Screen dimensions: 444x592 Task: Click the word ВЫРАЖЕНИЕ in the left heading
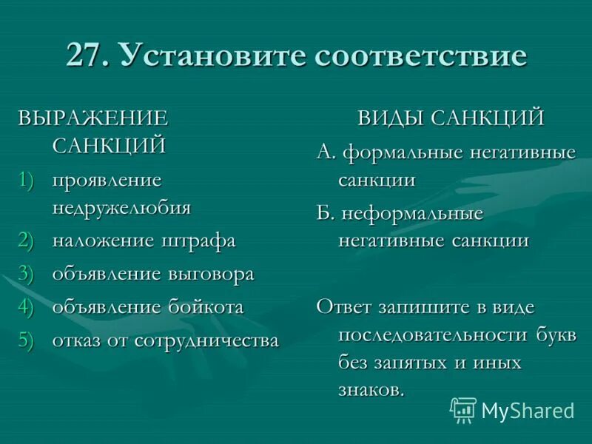click(x=94, y=118)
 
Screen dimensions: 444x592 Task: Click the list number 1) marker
click(x=27, y=180)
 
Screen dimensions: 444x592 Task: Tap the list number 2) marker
click(x=27, y=240)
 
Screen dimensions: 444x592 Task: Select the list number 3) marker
click(x=27, y=274)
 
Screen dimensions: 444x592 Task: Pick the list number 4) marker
click(x=27, y=307)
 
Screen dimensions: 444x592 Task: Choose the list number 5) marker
click(x=27, y=340)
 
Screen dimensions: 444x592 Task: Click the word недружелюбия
click(x=121, y=207)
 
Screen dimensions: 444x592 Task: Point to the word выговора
click(x=211, y=274)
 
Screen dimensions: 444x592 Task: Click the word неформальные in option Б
click(x=411, y=214)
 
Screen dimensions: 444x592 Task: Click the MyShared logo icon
click(x=463, y=409)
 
